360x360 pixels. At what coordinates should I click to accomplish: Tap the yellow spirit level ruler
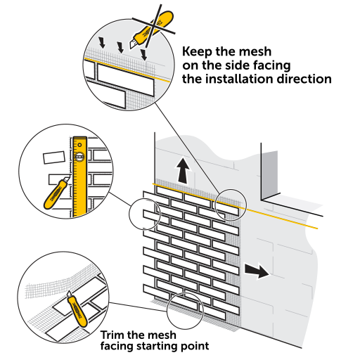80,177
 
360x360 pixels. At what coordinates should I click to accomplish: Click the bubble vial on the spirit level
79,157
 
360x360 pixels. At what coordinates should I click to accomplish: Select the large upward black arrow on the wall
183,171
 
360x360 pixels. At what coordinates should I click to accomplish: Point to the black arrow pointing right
257,271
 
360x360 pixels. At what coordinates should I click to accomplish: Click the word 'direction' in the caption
304,79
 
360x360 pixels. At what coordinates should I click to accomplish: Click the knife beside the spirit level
56,193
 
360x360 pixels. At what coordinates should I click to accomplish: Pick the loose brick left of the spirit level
54,157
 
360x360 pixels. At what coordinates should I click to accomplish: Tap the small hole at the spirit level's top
80,145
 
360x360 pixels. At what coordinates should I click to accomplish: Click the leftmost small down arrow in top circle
102,42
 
